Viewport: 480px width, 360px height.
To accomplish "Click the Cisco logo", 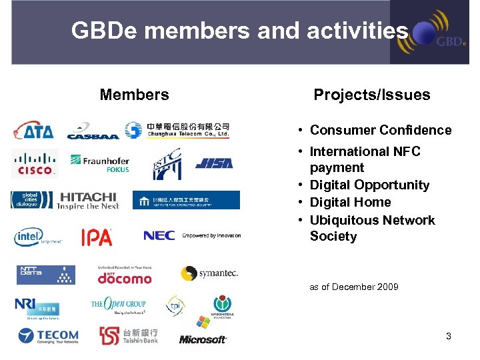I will [x=35, y=163].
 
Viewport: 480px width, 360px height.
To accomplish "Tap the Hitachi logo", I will [x=88, y=201].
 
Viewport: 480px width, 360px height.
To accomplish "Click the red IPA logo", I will [x=97, y=237].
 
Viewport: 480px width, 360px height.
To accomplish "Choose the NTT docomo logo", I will [x=125, y=275].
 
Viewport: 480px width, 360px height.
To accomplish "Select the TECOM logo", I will [x=49, y=336].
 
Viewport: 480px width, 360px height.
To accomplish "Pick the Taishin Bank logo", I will [x=129, y=335].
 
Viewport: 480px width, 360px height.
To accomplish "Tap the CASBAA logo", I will [x=92, y=131].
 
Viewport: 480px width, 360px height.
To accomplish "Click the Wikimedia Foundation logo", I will [x=222, y=307].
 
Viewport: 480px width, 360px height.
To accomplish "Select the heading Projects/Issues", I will [x=372, y=95].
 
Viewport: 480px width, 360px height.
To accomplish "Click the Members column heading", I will [x=134, y=95].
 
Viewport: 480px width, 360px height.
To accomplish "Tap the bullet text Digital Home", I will [x=350, y=202].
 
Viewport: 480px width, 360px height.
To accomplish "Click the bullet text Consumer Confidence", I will [x=381, y=130].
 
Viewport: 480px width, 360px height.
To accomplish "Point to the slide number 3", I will [x=449, y=336].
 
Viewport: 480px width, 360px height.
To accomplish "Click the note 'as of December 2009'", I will [x=354, y=287].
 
